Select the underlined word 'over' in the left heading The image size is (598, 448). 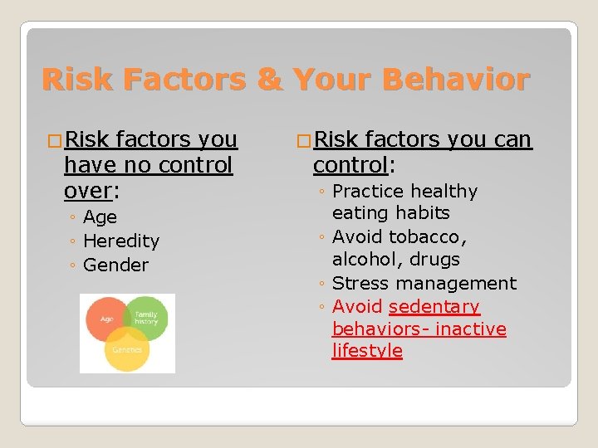(x=87, y=191)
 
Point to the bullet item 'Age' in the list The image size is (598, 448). (x=100, y=217)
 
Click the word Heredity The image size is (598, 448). (x=121, y=241)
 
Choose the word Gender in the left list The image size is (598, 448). (x=116, y=265)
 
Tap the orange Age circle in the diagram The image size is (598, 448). (x=106, y=319)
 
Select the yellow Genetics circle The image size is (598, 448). (x=127, y=348)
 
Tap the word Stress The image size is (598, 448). (x=361, y=284)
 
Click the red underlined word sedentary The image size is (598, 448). (x=434, y=307)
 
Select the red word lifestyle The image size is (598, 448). (x=367, y=351)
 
